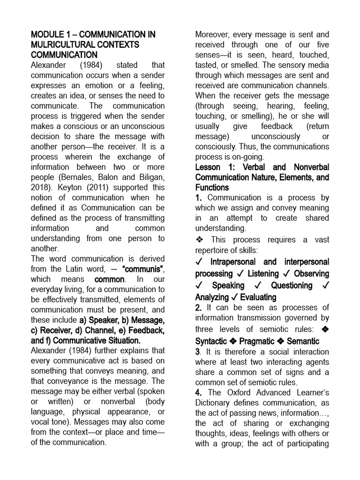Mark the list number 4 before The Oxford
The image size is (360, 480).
tap(199, 393)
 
